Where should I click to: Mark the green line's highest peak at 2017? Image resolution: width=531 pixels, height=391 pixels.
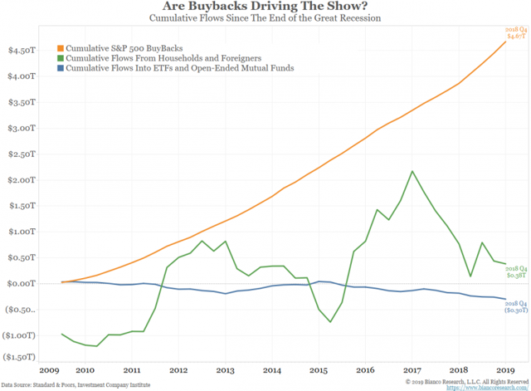coord(413,171)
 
